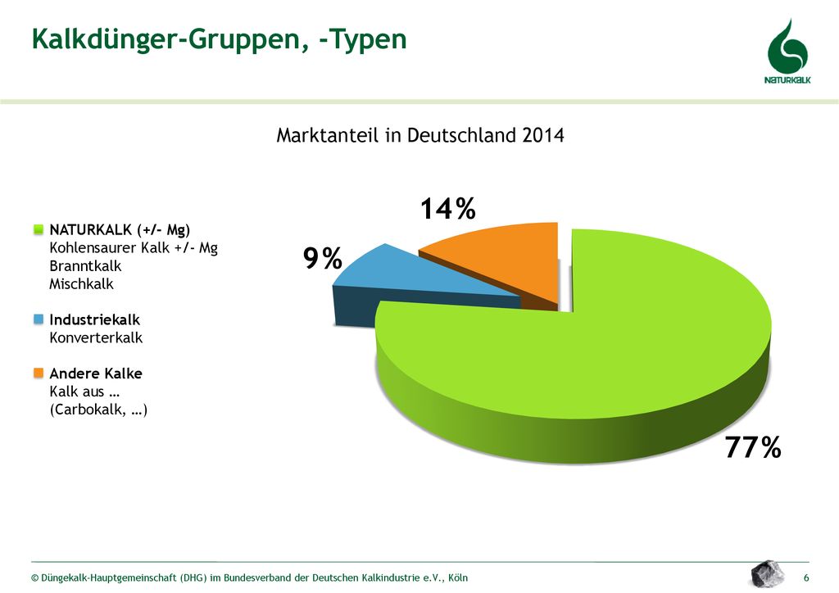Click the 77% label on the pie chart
pos(753,447)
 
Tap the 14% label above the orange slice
pos(448,209)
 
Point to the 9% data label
pos(323,259)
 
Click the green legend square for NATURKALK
pos(39,230)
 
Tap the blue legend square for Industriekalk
pos(39,319)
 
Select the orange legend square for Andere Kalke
pos(39,373)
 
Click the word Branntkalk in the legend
pos(85,265)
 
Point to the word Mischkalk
pos(81,284)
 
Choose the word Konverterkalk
pos(96,338)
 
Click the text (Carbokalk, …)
pos(98,410)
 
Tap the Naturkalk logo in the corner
pos(787,52)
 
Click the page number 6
pos(806,577)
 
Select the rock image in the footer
pos(767,573)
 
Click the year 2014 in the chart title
pos(543,135)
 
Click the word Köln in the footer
pos(458,578)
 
